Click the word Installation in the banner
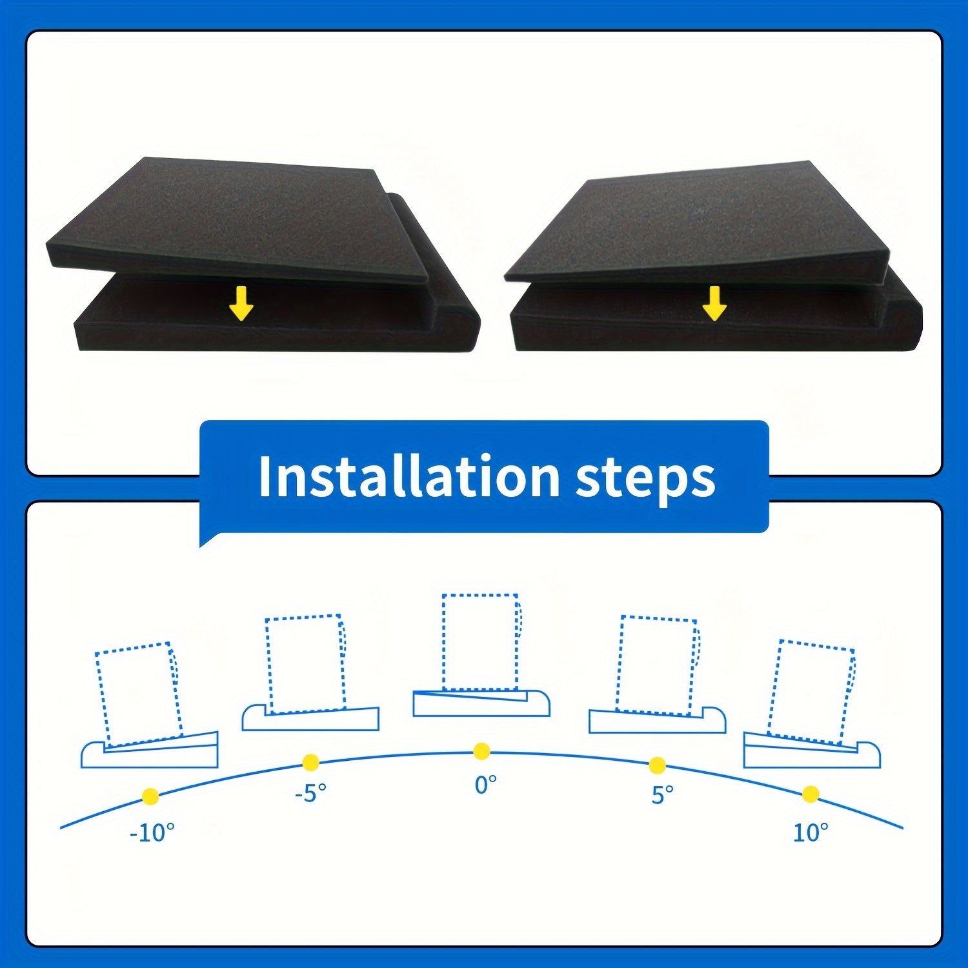pyautogui.click(x=408, y=477)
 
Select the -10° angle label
pyautogui.click(x=152, y=833)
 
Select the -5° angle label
pyautogui.click(x=310, y=793)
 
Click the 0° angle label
pyautogui.click(x=486, y=785)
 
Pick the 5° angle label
pyautogui.click(x=662, y=794)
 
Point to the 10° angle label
pyautogui.click(x=810, y=832)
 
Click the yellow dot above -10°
pyautogui.click(x=150, y=796)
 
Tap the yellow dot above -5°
pyautogui.click(x=311, y=762)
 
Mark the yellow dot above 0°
pyautogui.click(x=481, y=751)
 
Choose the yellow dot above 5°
pyautogui.click(x=657, y=766)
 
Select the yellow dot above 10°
pyautogui.click(x=811, y=794)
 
